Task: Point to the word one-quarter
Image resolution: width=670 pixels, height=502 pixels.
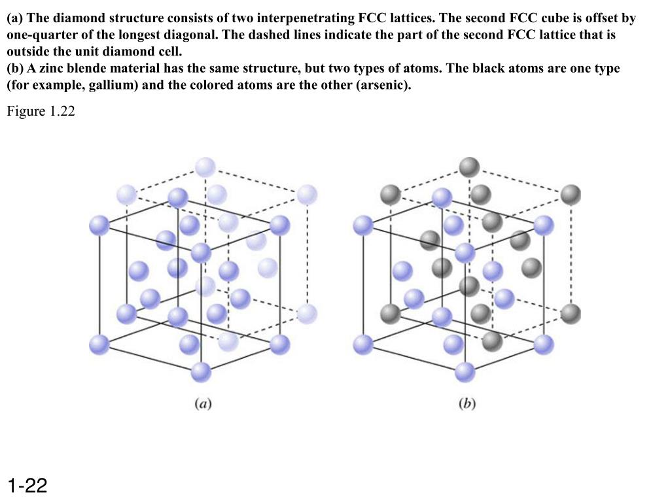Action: coord(38,35)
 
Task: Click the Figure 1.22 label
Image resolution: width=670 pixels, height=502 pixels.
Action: coord(41,112)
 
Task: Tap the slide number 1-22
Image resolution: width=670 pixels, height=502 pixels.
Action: coord(28,486)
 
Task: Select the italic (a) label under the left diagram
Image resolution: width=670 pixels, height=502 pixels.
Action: coord(202,403)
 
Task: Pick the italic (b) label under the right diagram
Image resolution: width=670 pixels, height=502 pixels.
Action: coord(467,403)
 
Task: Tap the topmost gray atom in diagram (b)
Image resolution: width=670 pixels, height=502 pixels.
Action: coord(468,167)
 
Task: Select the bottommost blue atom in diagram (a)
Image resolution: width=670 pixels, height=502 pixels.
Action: coord(202,373)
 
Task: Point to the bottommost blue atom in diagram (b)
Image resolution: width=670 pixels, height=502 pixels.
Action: coord(465,373)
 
